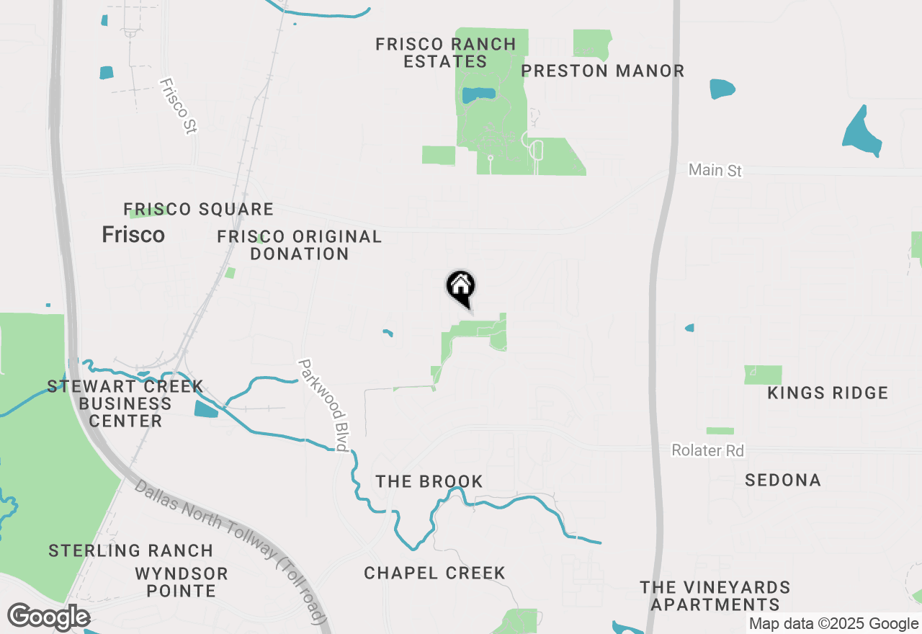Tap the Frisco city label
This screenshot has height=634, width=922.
pyautogui.click(x=133, y=235)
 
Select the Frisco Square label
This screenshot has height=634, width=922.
pyautogui.click(x=199, y=210)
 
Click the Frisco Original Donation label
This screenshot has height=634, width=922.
pyautogui.click(x=300, y=245)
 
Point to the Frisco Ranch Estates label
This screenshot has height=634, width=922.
pyautogui.click(x=446, y=53)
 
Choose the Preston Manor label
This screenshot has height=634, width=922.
pyautogui.click(x=602, y=71)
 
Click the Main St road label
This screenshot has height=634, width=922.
pyautogui.click(x=715, y=170)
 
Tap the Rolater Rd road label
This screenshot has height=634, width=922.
pyautogui.click(x=707, y=450)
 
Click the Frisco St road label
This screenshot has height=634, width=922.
pyautogui.click(x=178, y=106)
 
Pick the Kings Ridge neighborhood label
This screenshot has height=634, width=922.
pyautogui.click(x=828, y=393)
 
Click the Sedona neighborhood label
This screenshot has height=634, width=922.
pyautogui.click(x=783, y=480)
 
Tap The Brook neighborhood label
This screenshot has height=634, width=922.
pyautogui.click(x=429, y=481)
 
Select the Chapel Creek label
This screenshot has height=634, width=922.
pyautogui.click(x=434, y=573)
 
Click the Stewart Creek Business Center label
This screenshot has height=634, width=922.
pyautogui.click(x=125, y=403)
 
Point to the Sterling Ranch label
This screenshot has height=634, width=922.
pyautogui.click(x=130, y=551)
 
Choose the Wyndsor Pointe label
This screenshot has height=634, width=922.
pyautogui.click(x=182, y=582)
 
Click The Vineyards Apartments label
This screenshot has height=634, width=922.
pyautogui.click(x=715, y=596)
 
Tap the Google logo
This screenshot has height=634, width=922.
pyautogui.click(x=48, y=617)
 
